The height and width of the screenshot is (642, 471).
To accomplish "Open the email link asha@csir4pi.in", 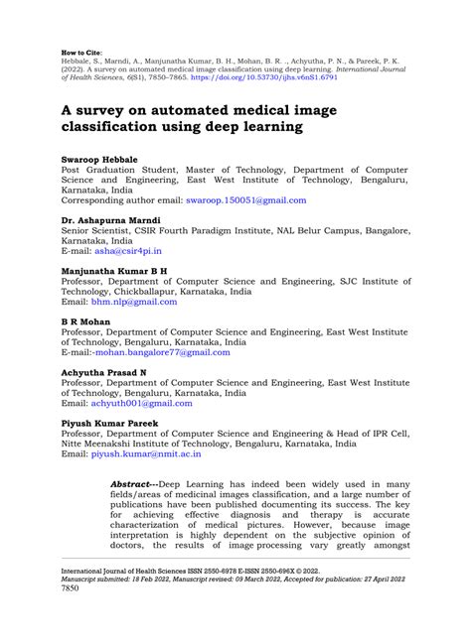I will click(126, 252).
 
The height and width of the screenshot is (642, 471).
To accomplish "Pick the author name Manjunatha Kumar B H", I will click(114, 270).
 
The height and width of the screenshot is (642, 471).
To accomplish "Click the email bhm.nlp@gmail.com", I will click(135, 303).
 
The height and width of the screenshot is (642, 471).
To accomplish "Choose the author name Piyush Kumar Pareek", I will click(109, 423).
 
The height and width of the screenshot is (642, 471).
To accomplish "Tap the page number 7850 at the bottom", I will click(73, 615).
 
